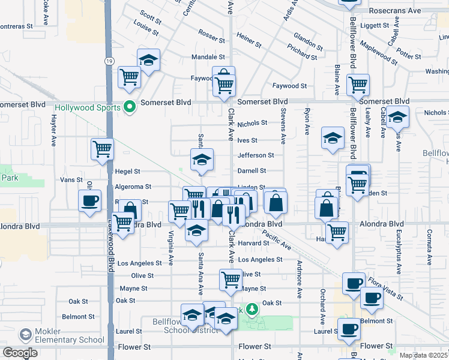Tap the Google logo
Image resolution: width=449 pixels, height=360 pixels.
[x=20, y=352]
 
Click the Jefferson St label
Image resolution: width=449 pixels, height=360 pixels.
[x=256, y=155]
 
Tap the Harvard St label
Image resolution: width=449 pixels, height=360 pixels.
[x=253, y=243]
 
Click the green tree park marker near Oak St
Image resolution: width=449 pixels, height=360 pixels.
[x=253, y=309]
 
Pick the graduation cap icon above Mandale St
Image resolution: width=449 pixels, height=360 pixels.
[x=148, y=60]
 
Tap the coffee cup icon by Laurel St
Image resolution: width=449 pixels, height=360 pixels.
[x=349, y=328]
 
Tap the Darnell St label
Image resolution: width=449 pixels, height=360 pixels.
[x=256, y=171]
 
